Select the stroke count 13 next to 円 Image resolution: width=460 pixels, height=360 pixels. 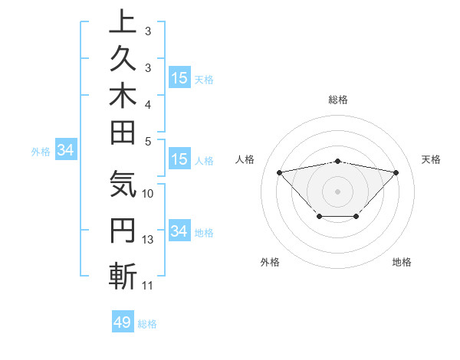click(148, 240)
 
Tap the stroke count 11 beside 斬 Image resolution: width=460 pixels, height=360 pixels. click(148, 286)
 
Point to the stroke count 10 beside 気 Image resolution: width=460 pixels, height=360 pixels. click(148, 194)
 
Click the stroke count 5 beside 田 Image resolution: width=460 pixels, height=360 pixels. click(148, 141)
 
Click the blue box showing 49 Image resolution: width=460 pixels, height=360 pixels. click(123, 322)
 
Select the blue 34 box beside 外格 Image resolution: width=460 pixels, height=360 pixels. click(65, 151)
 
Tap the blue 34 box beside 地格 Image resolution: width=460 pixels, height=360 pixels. click(179, 231)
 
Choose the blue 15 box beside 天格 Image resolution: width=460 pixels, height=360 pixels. click(179, 78)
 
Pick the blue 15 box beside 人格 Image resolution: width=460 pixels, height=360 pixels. click(179, 160)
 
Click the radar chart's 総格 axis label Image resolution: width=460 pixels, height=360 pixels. click(338, 100)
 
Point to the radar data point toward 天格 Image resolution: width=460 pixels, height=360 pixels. click(396, 172)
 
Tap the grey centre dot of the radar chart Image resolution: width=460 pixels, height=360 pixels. click(338, 191)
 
